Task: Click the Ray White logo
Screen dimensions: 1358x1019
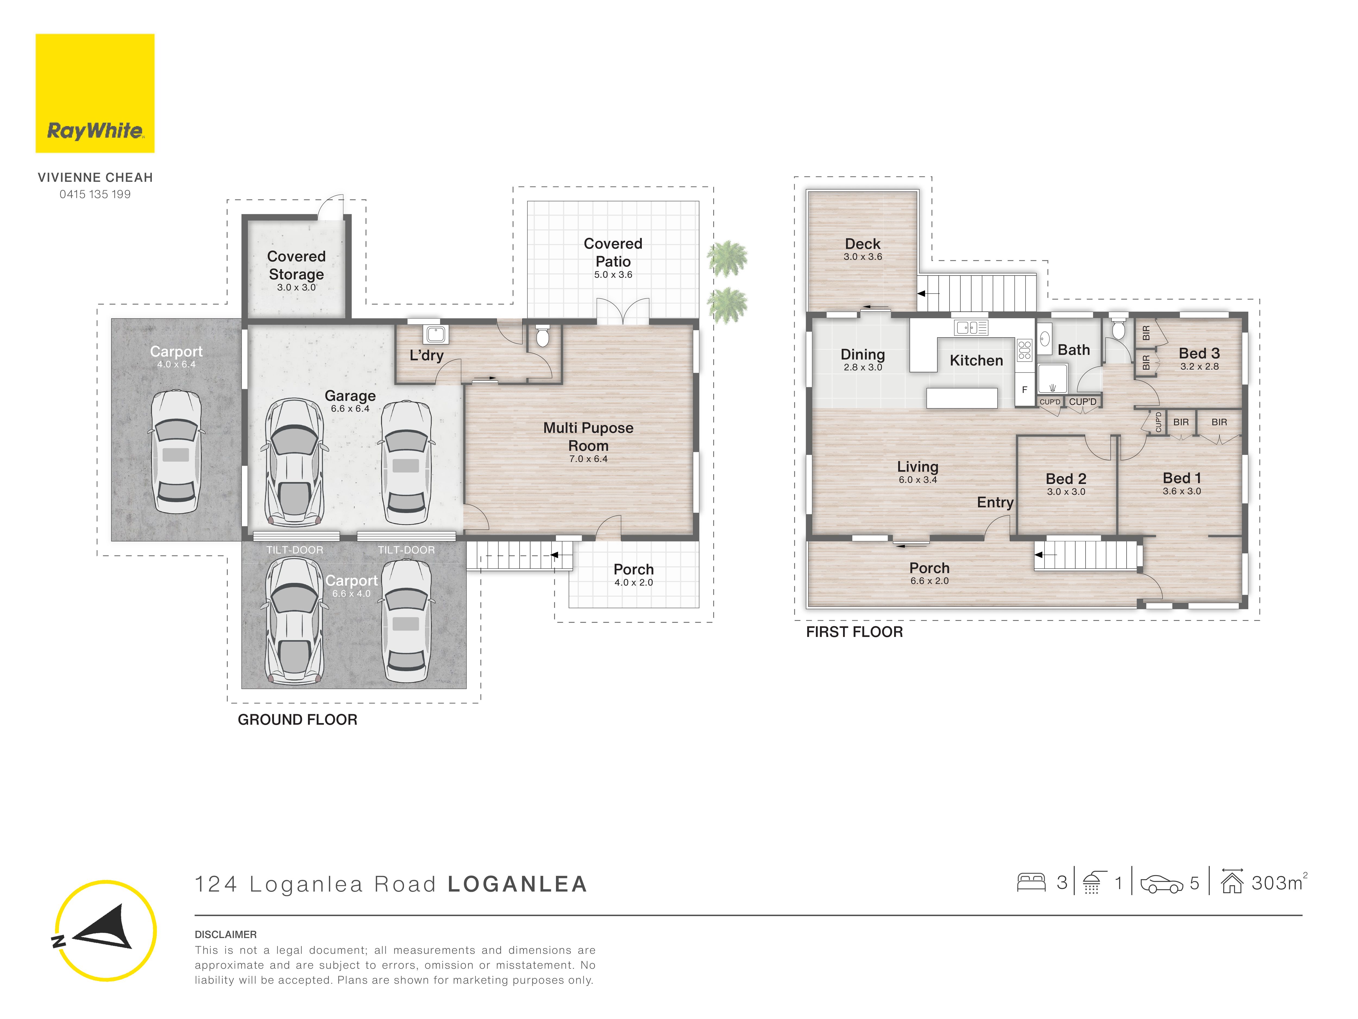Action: [x=95, y=93]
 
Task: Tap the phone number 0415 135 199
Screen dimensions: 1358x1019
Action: [x=95, y=194]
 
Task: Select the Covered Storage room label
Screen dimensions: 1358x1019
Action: [x=297, y=265]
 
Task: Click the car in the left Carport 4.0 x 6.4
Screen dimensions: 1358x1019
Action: [x=176, y=451]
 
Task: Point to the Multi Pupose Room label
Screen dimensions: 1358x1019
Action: [x=588, y=437]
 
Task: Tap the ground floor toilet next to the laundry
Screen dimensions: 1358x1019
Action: [x=543, y=335]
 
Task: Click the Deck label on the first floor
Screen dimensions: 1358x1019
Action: [x=863, y=244]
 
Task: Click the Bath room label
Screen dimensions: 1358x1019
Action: [x=1074, y=350]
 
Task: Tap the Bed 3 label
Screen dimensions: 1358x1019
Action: [x=1199, y=353]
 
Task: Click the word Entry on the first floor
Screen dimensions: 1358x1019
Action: [x=995, y=502]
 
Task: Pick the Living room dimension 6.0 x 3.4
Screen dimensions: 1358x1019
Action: [x=918, y=480]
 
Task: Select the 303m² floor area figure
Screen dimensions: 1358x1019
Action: [x=1279, y=883]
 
